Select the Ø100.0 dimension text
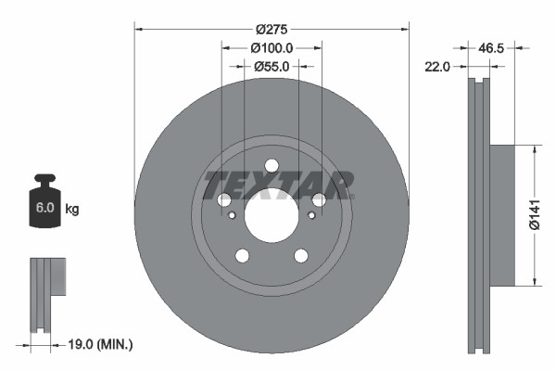[x=272, y=47]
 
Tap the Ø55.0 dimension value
[x=272, y=66]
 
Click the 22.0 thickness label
[x=437, y=67]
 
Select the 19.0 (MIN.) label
[x=100, y=344]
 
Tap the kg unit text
[x=72, y=210]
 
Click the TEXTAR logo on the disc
[x=279, y=184]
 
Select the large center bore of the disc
[x=271, y=209]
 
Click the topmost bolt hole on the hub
[x=272, y=166]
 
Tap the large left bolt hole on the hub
[x=224, y=200]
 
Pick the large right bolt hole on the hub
[x=319, y=200]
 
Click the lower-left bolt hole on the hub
[x=242, y=256]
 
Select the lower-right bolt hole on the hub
[x=301, y=256]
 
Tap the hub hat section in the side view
[x=500, y=215]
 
